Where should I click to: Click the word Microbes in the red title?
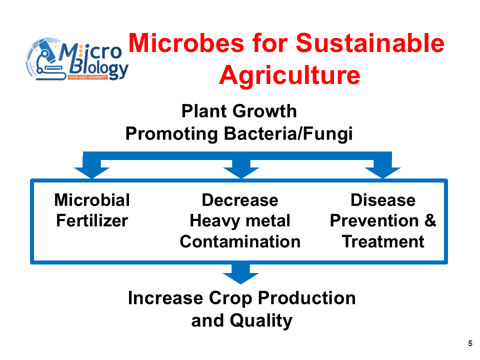click(186, 43)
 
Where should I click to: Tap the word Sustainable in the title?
click(370, 43)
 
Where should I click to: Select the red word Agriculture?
click(289, 75)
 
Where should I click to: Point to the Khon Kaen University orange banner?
click(87, 77)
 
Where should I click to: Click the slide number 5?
click(470, 343)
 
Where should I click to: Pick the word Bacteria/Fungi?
click(288, 134)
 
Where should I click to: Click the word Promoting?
click(171, 134)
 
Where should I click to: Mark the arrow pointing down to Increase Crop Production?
click(240, 274)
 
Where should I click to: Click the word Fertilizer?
click(92, 220)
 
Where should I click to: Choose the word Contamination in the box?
click(240, 241)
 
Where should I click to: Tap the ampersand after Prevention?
click(430, 220)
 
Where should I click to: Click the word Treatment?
click(383, 241)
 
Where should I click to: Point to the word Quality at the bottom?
click(261, 321)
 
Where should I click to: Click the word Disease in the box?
click(383, 200)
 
